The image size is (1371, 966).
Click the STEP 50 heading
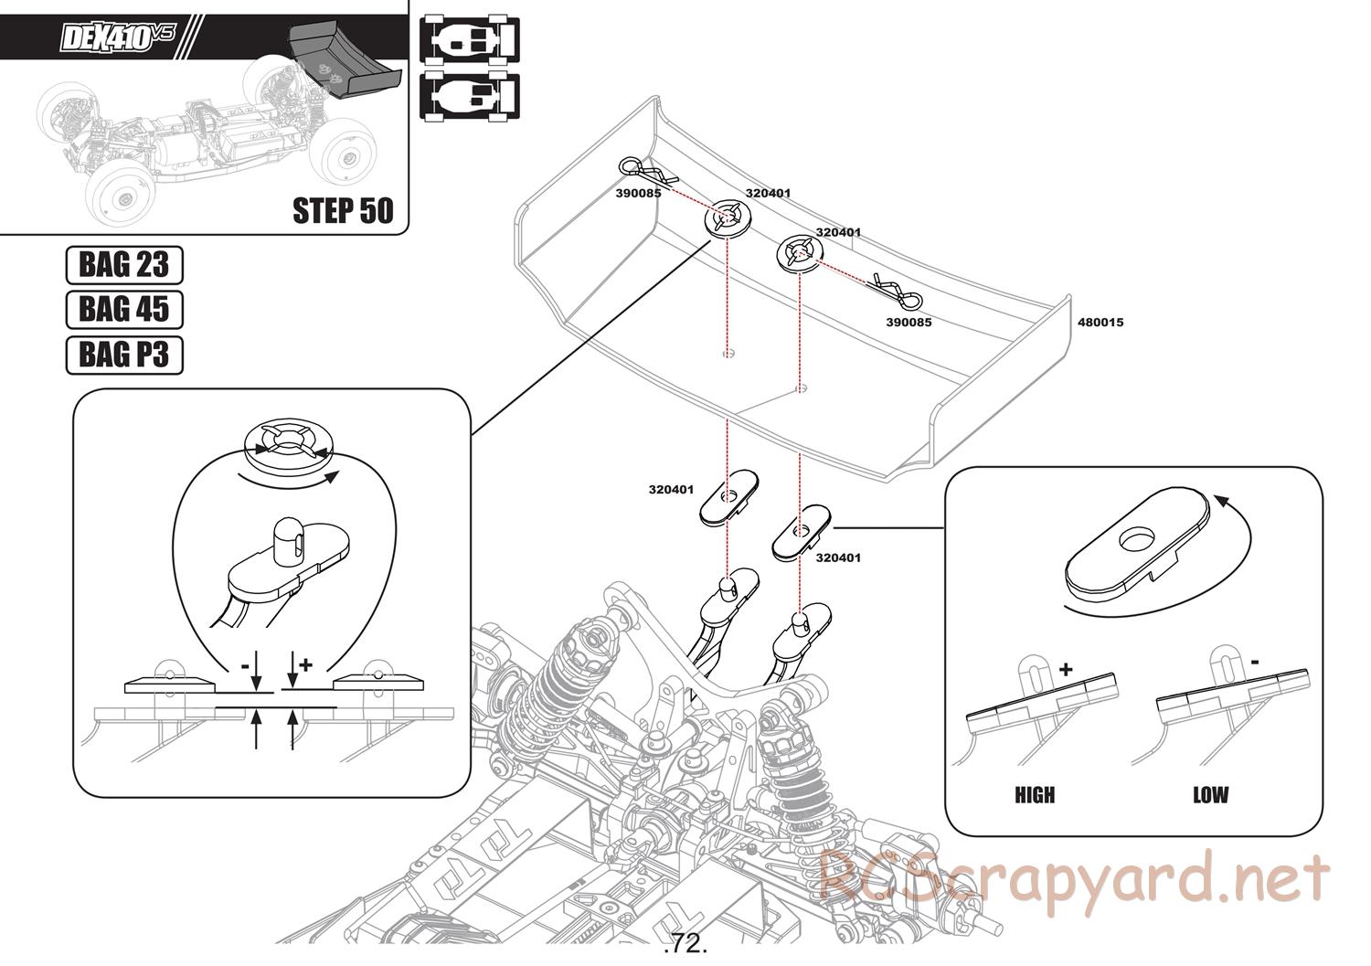pos(343,210)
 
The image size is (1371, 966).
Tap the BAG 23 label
pos(124,265)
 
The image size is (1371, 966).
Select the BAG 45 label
pos(124,309)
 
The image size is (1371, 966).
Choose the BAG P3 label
pos(124,354)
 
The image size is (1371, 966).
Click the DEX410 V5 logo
pos(115,37)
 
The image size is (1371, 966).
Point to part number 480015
pos(1100,323)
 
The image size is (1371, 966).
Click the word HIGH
pos(1035,795)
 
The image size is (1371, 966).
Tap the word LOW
pos(1210,795)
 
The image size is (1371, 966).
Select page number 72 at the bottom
pos(687,942)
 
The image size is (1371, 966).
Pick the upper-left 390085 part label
pos(638,194)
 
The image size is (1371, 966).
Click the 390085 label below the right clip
pos(909,323)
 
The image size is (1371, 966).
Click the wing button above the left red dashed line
pos(728,218)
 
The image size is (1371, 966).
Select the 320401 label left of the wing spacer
pos(672,490)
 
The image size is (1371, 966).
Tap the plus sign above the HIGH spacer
pos(1066,669)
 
